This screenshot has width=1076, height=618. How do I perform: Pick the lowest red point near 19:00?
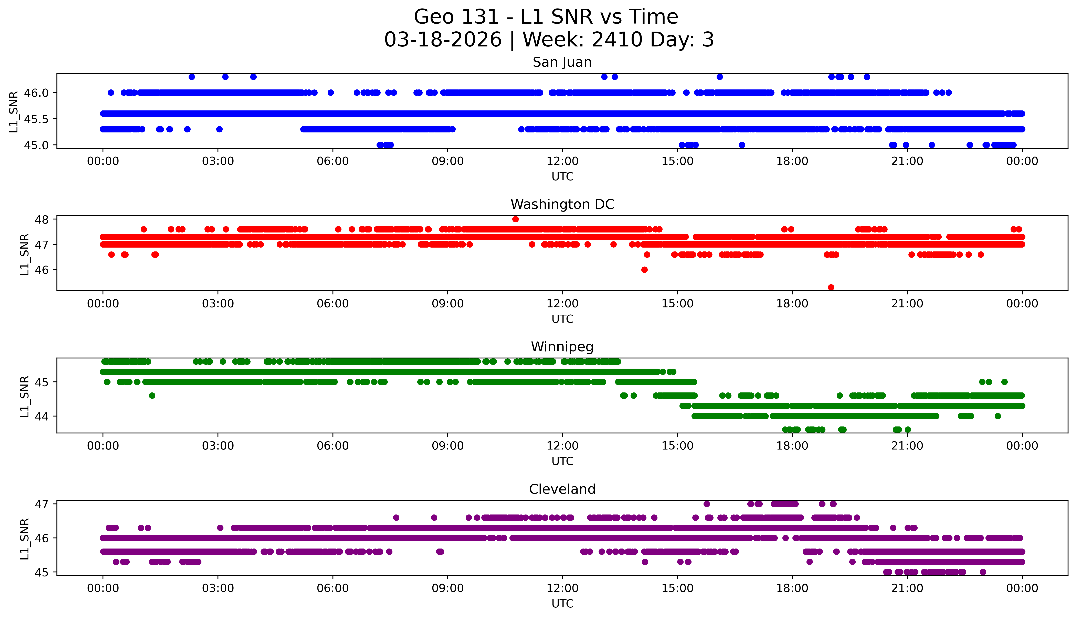831,287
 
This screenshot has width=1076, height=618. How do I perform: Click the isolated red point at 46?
644,270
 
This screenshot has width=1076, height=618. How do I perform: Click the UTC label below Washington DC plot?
562,319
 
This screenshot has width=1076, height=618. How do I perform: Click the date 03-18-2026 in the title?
443,40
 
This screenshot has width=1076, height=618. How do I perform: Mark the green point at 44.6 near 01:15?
152,395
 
